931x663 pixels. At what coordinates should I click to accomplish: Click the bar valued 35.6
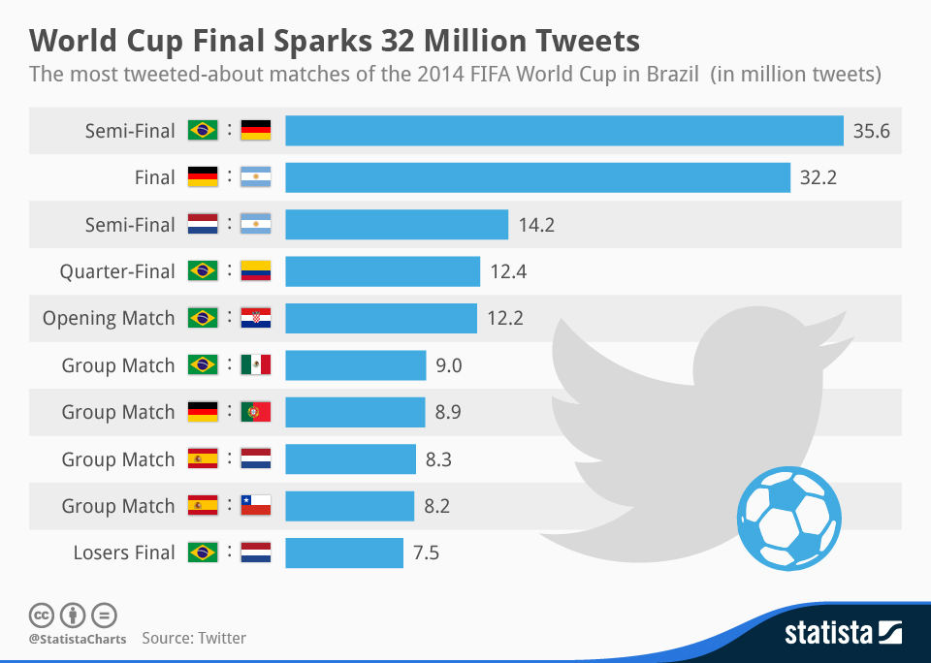563,131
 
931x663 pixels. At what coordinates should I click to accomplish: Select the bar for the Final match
537,177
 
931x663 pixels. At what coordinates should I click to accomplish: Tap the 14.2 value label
536,225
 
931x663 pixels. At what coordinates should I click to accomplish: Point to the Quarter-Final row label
117,271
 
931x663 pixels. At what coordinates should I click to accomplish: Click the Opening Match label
109,318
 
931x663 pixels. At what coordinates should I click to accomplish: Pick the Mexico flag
256,365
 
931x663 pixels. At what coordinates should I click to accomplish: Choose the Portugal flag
256,412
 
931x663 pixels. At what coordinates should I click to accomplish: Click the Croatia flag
256,318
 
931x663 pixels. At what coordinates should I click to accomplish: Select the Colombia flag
256,271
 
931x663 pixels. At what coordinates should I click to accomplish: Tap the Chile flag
256,506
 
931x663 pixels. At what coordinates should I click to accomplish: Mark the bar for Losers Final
344,552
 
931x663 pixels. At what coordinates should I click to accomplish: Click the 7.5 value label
426,552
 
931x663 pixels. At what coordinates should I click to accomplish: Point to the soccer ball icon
788,516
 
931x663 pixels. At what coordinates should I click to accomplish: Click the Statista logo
843,634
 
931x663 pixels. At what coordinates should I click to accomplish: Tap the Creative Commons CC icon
41,615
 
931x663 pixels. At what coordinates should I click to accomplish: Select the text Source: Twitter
194,638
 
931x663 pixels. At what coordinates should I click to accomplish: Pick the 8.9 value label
448,412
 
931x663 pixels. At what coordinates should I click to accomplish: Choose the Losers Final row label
124,552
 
